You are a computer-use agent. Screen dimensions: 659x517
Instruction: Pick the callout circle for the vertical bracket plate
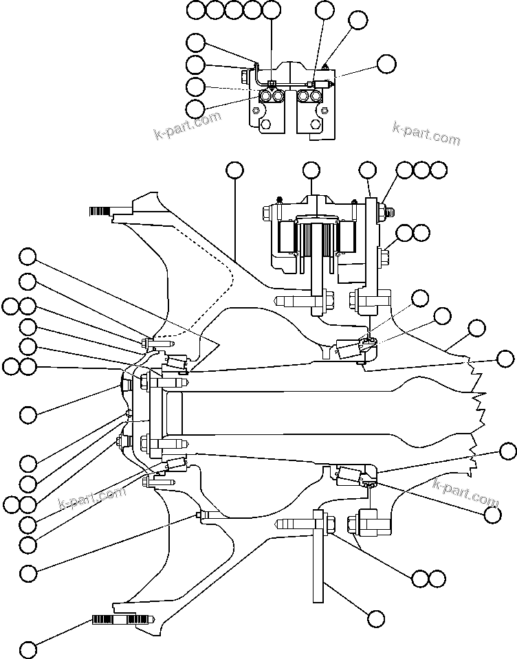click(x=375, y=618)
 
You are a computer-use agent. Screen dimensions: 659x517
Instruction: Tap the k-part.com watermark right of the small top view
click(x=426, y=133)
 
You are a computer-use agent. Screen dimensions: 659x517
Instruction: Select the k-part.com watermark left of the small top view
click(x=188, y=124)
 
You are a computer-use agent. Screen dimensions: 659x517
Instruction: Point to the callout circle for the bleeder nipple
click(x=357, y=20)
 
